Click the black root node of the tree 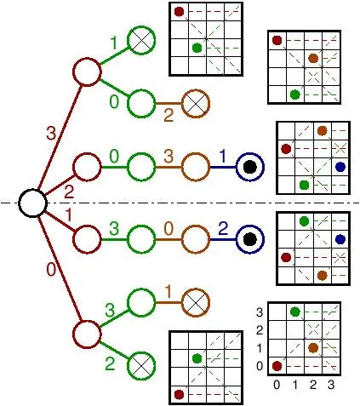click(x=32, y=203)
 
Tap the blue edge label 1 click(x=223, y=156)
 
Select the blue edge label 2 click(x=223, y=228)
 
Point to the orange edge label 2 click(x=169, y=116)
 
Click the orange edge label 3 click(x=169, y=157)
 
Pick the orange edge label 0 click(x=169, y=229)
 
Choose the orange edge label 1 click(x=169, y=292)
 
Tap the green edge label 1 click(x=113, y=43)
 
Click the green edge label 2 click(x=110, y=363)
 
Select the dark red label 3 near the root click(x=51, y=133)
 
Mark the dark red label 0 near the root click(x=51, y=269)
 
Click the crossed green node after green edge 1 click(x=141, y=41)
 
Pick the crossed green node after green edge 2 click(x=141, y=366)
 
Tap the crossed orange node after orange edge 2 click(x=196, y=104)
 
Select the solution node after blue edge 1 click(x=250, y=167)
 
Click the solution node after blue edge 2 click(x=250, y=239)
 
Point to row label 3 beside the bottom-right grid click(x=260, y=312)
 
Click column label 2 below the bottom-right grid click(x=313, y=385)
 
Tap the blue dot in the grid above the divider click(x=340, y=167)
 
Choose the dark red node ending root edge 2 click(x=87, y=167)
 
